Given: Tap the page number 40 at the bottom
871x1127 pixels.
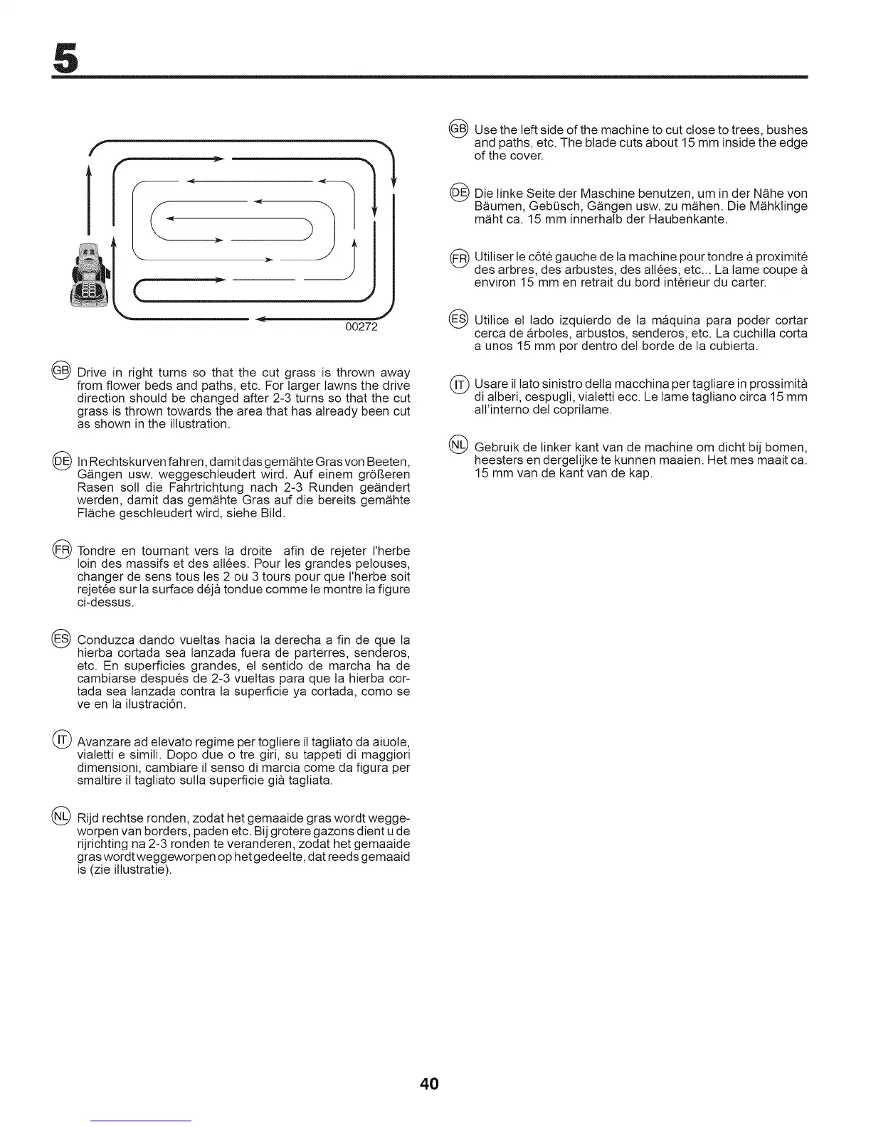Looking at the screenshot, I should pyautogui.click(x=429, y=1084).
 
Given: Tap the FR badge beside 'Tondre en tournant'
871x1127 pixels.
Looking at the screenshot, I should pyautogui.click(x=61, y=550).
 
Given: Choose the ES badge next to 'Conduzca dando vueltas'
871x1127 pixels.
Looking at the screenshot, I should pyautogui.click(x=61, y=637).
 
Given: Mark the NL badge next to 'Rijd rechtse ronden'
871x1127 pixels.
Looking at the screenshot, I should pyautogui.click(x=61, y=815).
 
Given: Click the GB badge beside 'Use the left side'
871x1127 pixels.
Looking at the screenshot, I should pyautogui.click(x=458, y=129).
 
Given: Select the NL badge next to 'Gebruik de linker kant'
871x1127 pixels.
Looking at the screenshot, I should pyautogui.click(x=458, y=445).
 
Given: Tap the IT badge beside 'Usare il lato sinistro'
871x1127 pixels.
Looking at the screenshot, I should pyautogui.click(x=458, y=384).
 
